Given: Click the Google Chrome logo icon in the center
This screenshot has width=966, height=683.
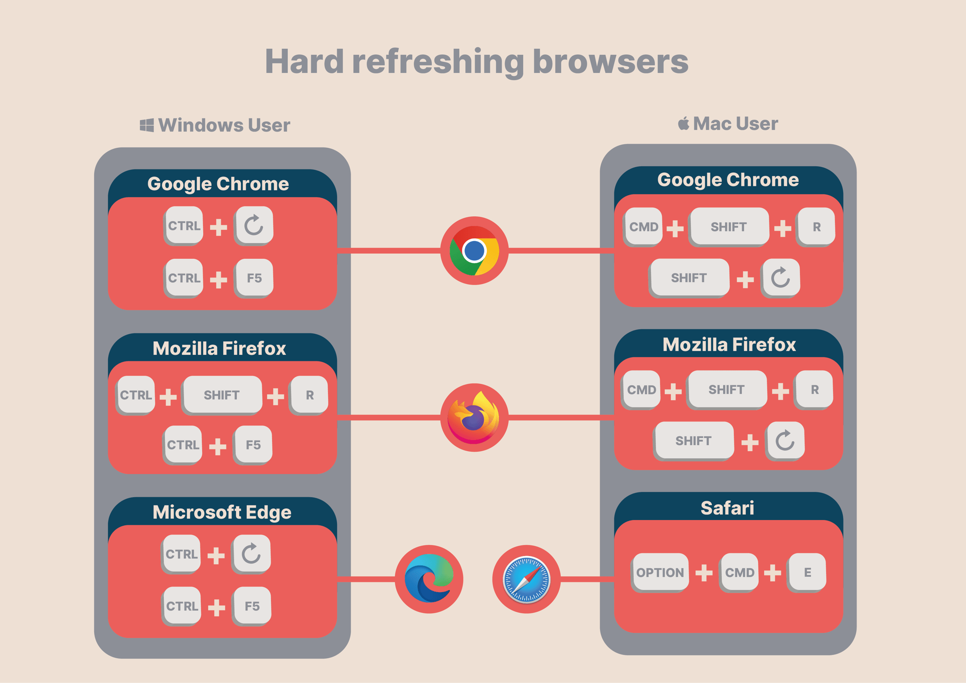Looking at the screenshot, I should pyautogui.click(x=474, y=250).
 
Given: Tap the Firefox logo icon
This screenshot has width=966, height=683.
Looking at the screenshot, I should pyautogui.click(x=474, y=417).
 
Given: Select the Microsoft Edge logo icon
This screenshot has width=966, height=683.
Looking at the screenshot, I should pyautogui.click(x=429, y=579).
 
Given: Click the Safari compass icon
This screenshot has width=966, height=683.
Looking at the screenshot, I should pyautogui.click(x=526, y=579).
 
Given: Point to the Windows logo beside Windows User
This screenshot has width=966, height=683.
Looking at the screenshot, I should pyautogui.click(x=147, y=125).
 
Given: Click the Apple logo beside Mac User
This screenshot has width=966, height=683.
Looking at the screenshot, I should pyautogui.click(x=683, y=124).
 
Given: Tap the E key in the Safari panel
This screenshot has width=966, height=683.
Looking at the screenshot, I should pyautogui.click(x=807, y=572).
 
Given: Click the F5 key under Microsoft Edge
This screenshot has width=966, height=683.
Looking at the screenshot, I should pyautogui.click(x=252, y=606).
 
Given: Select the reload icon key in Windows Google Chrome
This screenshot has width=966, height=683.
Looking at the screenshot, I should pyautogui.click(x=254, y=225).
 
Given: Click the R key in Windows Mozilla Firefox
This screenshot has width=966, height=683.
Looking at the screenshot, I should pyautogui.click(x=309, y=395).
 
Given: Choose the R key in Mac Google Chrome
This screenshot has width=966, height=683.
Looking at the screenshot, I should pyautogui.click(x=816, y=227).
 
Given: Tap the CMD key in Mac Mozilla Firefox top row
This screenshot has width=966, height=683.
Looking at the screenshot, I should pyautogui.click(x=641, y=389).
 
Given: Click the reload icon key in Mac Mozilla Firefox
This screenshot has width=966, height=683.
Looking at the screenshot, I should pyautogui.click(x=785, y=441).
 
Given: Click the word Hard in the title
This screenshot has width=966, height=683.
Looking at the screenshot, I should pyautogui.click(x=304, y=62).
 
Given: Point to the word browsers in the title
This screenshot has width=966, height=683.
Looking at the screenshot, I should pyautogui.click(x=610, y=62).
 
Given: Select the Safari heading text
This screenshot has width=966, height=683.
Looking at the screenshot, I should pyautogui.click(x=727, y=508).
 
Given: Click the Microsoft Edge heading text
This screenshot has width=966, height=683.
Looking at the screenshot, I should pyautogui.click(x=222, y=512).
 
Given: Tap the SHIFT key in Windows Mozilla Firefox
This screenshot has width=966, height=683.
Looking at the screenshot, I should pyautogui.click(x=222, y=395).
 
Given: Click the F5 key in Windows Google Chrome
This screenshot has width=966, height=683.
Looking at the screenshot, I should pyautogui.click(x=254, y=278).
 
